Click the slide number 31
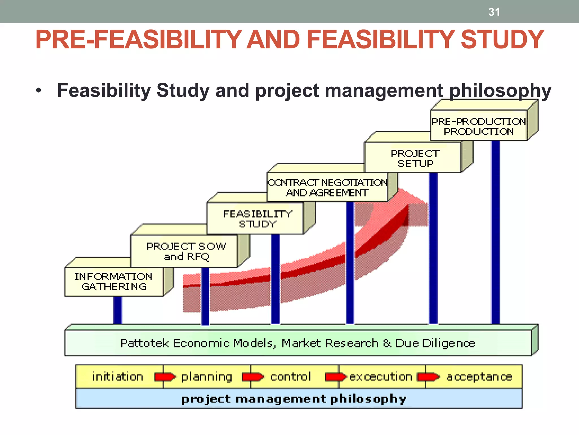tap(494, 12)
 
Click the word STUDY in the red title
tap(502, 40)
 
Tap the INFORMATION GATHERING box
tap(114, 282)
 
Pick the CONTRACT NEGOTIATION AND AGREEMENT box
tap(327, 188)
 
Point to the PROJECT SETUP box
tap(415, 158)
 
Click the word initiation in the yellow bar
tap(118, 377)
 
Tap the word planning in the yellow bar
tap(207, 377)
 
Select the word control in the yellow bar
tap(290, 377)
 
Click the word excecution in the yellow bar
tap(381, 377)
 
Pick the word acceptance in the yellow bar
tap(479, 377)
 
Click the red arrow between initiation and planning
tap(165, 377)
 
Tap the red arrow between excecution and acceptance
tap(428, 377)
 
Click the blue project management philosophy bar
tap(299, 398)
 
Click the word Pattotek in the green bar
tap(144, 343)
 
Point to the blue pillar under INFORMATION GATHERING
tap(118, 310)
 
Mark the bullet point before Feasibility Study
tap(39, 91)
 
